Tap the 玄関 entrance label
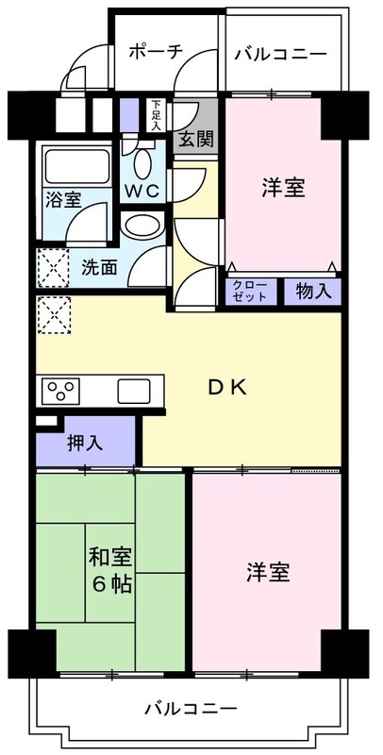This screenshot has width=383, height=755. click(x=197, y=139)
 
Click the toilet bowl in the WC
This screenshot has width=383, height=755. click(x=142, y=162)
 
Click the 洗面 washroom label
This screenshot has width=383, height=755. click(x=99, y=267)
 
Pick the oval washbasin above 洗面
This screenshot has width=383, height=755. click(x=143, y=226)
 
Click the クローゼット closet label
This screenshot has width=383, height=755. click(x=250, y=291)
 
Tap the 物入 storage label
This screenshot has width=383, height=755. click(x=312, y=291)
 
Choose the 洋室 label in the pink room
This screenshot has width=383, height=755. click(x=268, y=572)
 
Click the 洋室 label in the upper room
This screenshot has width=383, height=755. click(x=282, y=187)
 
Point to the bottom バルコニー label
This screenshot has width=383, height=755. click(x=191, y=707)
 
